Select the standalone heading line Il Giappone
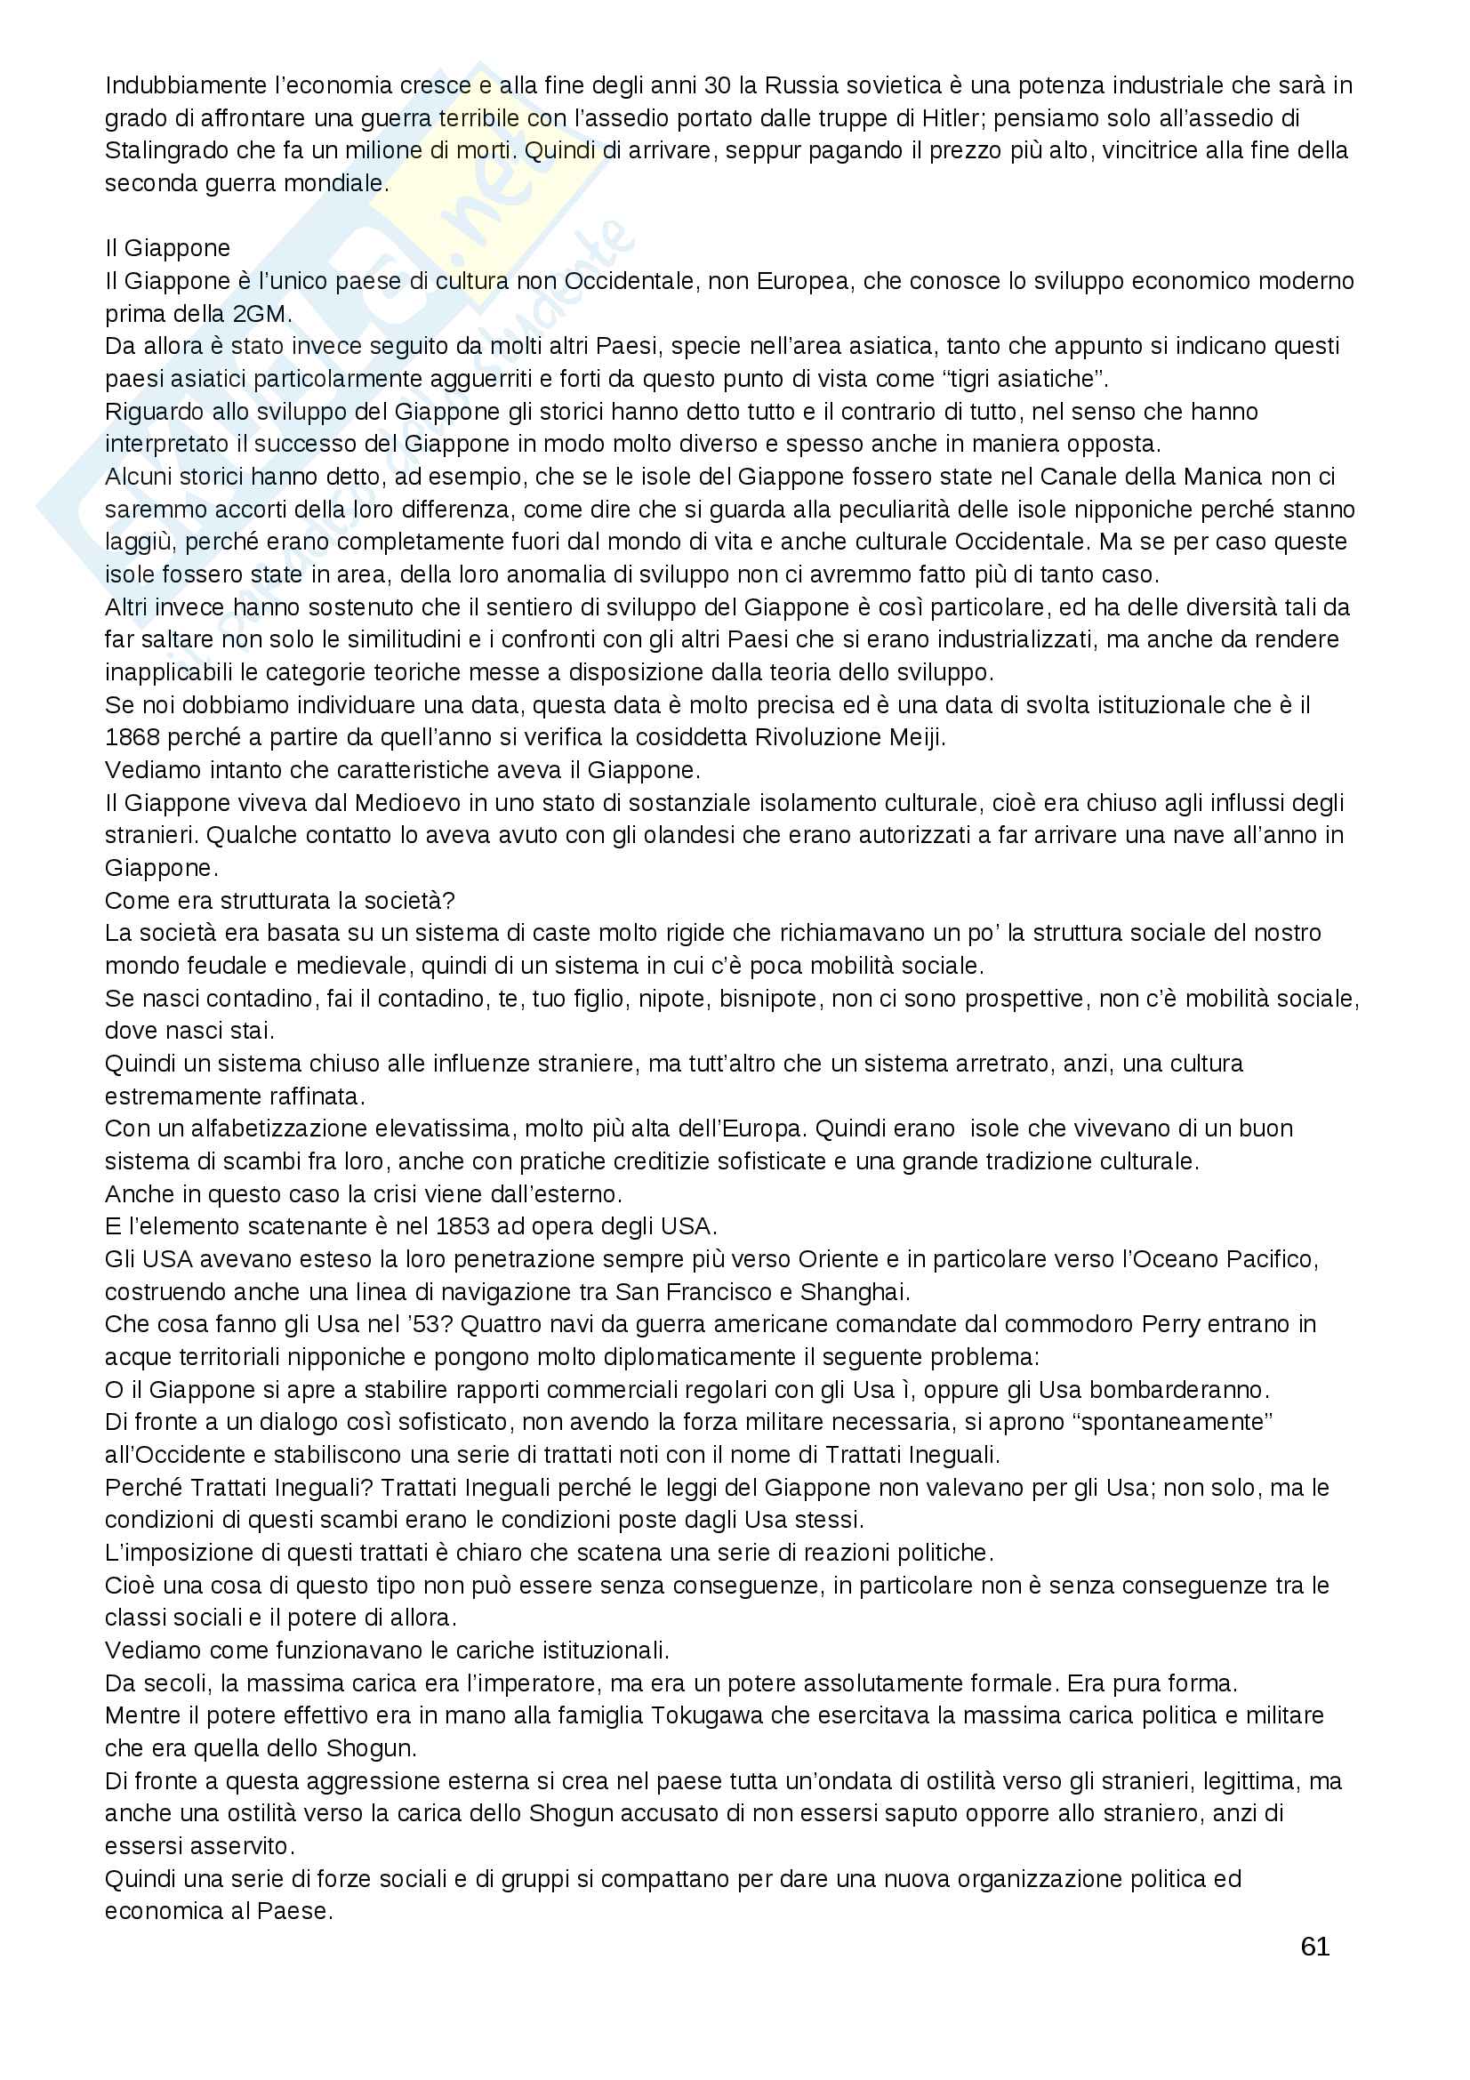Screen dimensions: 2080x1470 (167, 248)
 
